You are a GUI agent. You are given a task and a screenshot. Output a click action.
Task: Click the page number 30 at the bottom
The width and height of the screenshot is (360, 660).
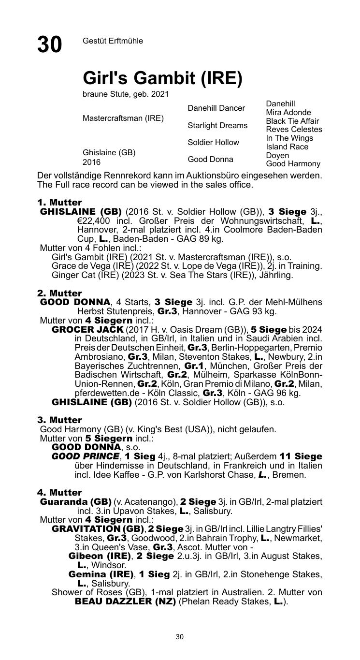(x=180, y=637)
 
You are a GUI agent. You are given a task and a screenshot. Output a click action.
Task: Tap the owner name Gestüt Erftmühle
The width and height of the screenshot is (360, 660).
(x=113, y=41)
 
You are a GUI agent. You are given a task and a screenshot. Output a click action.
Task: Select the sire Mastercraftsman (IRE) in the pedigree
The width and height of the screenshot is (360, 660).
(x=123, y=118)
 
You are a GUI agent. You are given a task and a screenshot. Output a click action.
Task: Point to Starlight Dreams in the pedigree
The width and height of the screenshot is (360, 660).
(x=217, y=126)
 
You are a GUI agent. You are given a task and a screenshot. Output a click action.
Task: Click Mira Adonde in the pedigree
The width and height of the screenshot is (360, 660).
(x=288, y=113)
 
